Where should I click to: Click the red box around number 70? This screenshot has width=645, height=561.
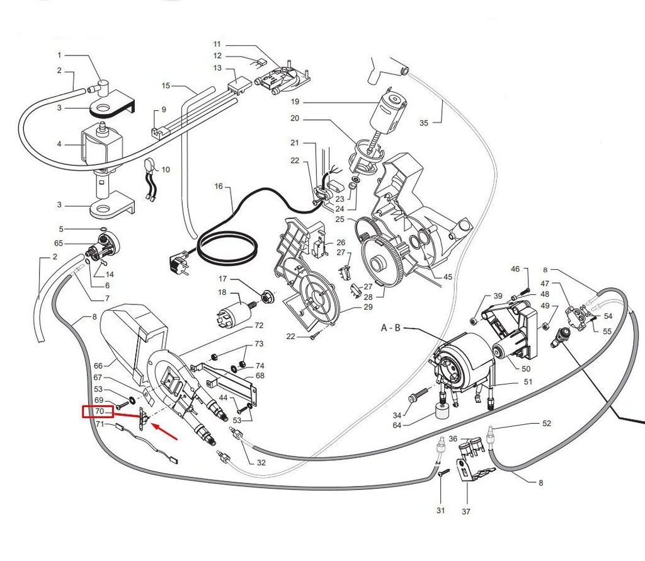point(98,412)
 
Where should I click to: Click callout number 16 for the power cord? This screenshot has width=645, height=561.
point(219,187)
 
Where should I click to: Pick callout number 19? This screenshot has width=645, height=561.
point(294,101)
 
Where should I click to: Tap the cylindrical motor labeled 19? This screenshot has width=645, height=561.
point(388,114)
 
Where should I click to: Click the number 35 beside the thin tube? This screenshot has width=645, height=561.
point(423,123)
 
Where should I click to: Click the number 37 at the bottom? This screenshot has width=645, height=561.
point(466,512)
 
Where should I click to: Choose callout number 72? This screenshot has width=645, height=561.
point(258,326)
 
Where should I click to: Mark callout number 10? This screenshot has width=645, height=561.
point(166,170)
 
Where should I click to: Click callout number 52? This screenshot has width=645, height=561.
point(546,424)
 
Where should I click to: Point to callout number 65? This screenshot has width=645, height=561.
point(59,243)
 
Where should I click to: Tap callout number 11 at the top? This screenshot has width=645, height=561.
point(217,44)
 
